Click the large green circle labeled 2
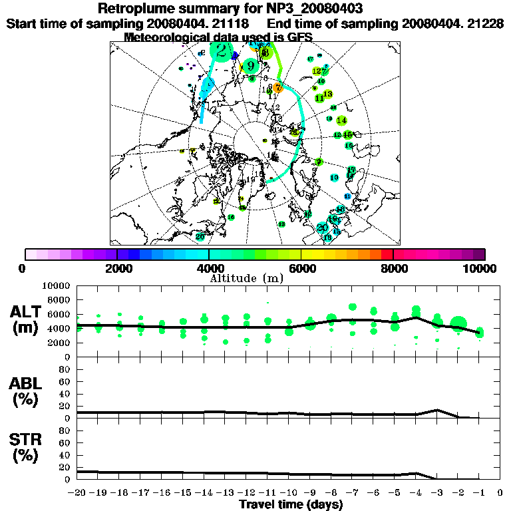click(221, 51)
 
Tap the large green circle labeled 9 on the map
click(250, 66)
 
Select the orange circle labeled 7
click(278, 88)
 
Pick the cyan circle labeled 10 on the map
click(335, 178)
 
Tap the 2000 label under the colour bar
click(117, 268)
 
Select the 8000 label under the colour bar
click(393, 268)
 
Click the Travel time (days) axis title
click(291, 504)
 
